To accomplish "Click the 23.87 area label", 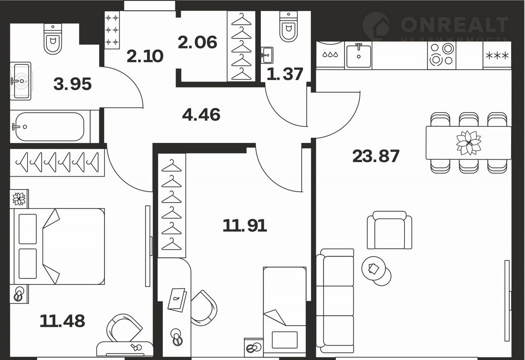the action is (376, 156).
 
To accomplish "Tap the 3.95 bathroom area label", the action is (73, 84).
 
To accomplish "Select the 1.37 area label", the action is (285, 74).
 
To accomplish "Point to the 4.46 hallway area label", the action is (201, 115).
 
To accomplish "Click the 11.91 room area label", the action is (245, 225).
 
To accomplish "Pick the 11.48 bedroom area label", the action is (62, 321).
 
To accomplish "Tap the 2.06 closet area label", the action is (197, 42).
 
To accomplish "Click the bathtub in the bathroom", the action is (50, 127).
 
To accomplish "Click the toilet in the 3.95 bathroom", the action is (53, 39).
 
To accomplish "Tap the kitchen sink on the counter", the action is (358, 55).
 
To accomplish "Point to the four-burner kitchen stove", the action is (442, 55).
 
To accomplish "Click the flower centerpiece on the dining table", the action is (469, 143).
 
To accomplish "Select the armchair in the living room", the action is (390, 230).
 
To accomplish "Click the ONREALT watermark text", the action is (454, 25).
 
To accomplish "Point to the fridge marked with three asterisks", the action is (497, 55).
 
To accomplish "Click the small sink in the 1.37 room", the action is (267, 55).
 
